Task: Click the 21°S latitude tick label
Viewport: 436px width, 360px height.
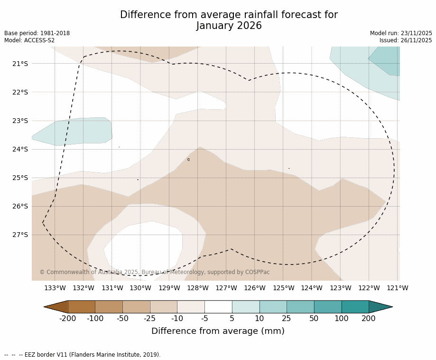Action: click(x=20, y=64)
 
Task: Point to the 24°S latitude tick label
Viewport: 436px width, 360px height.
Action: click(x=20, y=149)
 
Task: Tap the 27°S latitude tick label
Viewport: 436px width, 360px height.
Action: click(x=20, y=235)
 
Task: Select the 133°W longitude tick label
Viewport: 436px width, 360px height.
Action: click(x=55, y=288)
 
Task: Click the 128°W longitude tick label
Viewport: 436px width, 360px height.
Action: click(x=198, y=288)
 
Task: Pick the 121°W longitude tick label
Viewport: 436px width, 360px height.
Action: click(x=398, y=288)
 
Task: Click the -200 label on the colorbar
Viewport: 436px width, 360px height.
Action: click(x=68, y=319)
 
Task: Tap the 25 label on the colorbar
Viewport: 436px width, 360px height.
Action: click(x=287, y=319)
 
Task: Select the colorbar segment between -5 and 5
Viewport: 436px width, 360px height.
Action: click(x=218, y=307)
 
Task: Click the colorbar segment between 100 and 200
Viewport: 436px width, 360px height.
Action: click(x=355, y=307)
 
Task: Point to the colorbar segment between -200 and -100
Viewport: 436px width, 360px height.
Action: click(x=82, y=307)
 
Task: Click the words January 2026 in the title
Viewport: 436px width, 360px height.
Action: click(x=229, y=26)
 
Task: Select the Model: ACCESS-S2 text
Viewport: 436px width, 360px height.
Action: click(x=29, y=40)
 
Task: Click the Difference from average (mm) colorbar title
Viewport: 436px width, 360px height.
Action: click(x=218, y=332)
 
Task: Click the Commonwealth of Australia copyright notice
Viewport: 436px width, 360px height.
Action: click(x=155, y=272)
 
